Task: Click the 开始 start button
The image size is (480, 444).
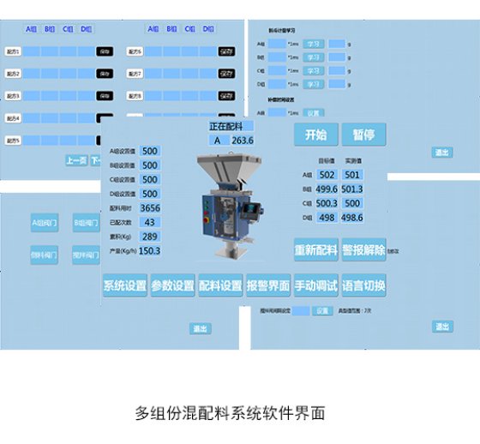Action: pyautogui.click(x=315, y=135)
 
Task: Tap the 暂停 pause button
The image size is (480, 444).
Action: pyautogui.click(x=363, y=135)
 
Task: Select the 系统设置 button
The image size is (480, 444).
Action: pyautogui.click(x=125, y=286)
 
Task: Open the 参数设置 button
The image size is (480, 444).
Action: pyautogui.click(x=172, y=286)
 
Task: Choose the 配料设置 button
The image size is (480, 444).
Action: pyautogui.click(x=220, y=286)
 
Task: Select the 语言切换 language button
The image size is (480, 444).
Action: pyautogui.click(x=363, y=286)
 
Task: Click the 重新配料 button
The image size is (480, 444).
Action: pyautogui.click(x=315, y=250)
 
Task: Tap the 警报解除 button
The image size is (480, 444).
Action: pyautogui.click(x=363, y=250)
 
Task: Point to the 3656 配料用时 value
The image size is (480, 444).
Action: pyautogui.click(x=150, y=208)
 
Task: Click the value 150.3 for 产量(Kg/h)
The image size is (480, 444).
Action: pyautogui.click(x=150, y=250)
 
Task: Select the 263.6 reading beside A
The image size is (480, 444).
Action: pyautogui.click(x=243, y=141)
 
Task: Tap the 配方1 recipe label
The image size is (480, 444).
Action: pyautogui.click(x=13, y=51)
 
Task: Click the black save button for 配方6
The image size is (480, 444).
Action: pyautogui.click(x=226, y=51)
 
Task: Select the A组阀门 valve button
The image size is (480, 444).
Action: pyautogui.click(x=43, y=224)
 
